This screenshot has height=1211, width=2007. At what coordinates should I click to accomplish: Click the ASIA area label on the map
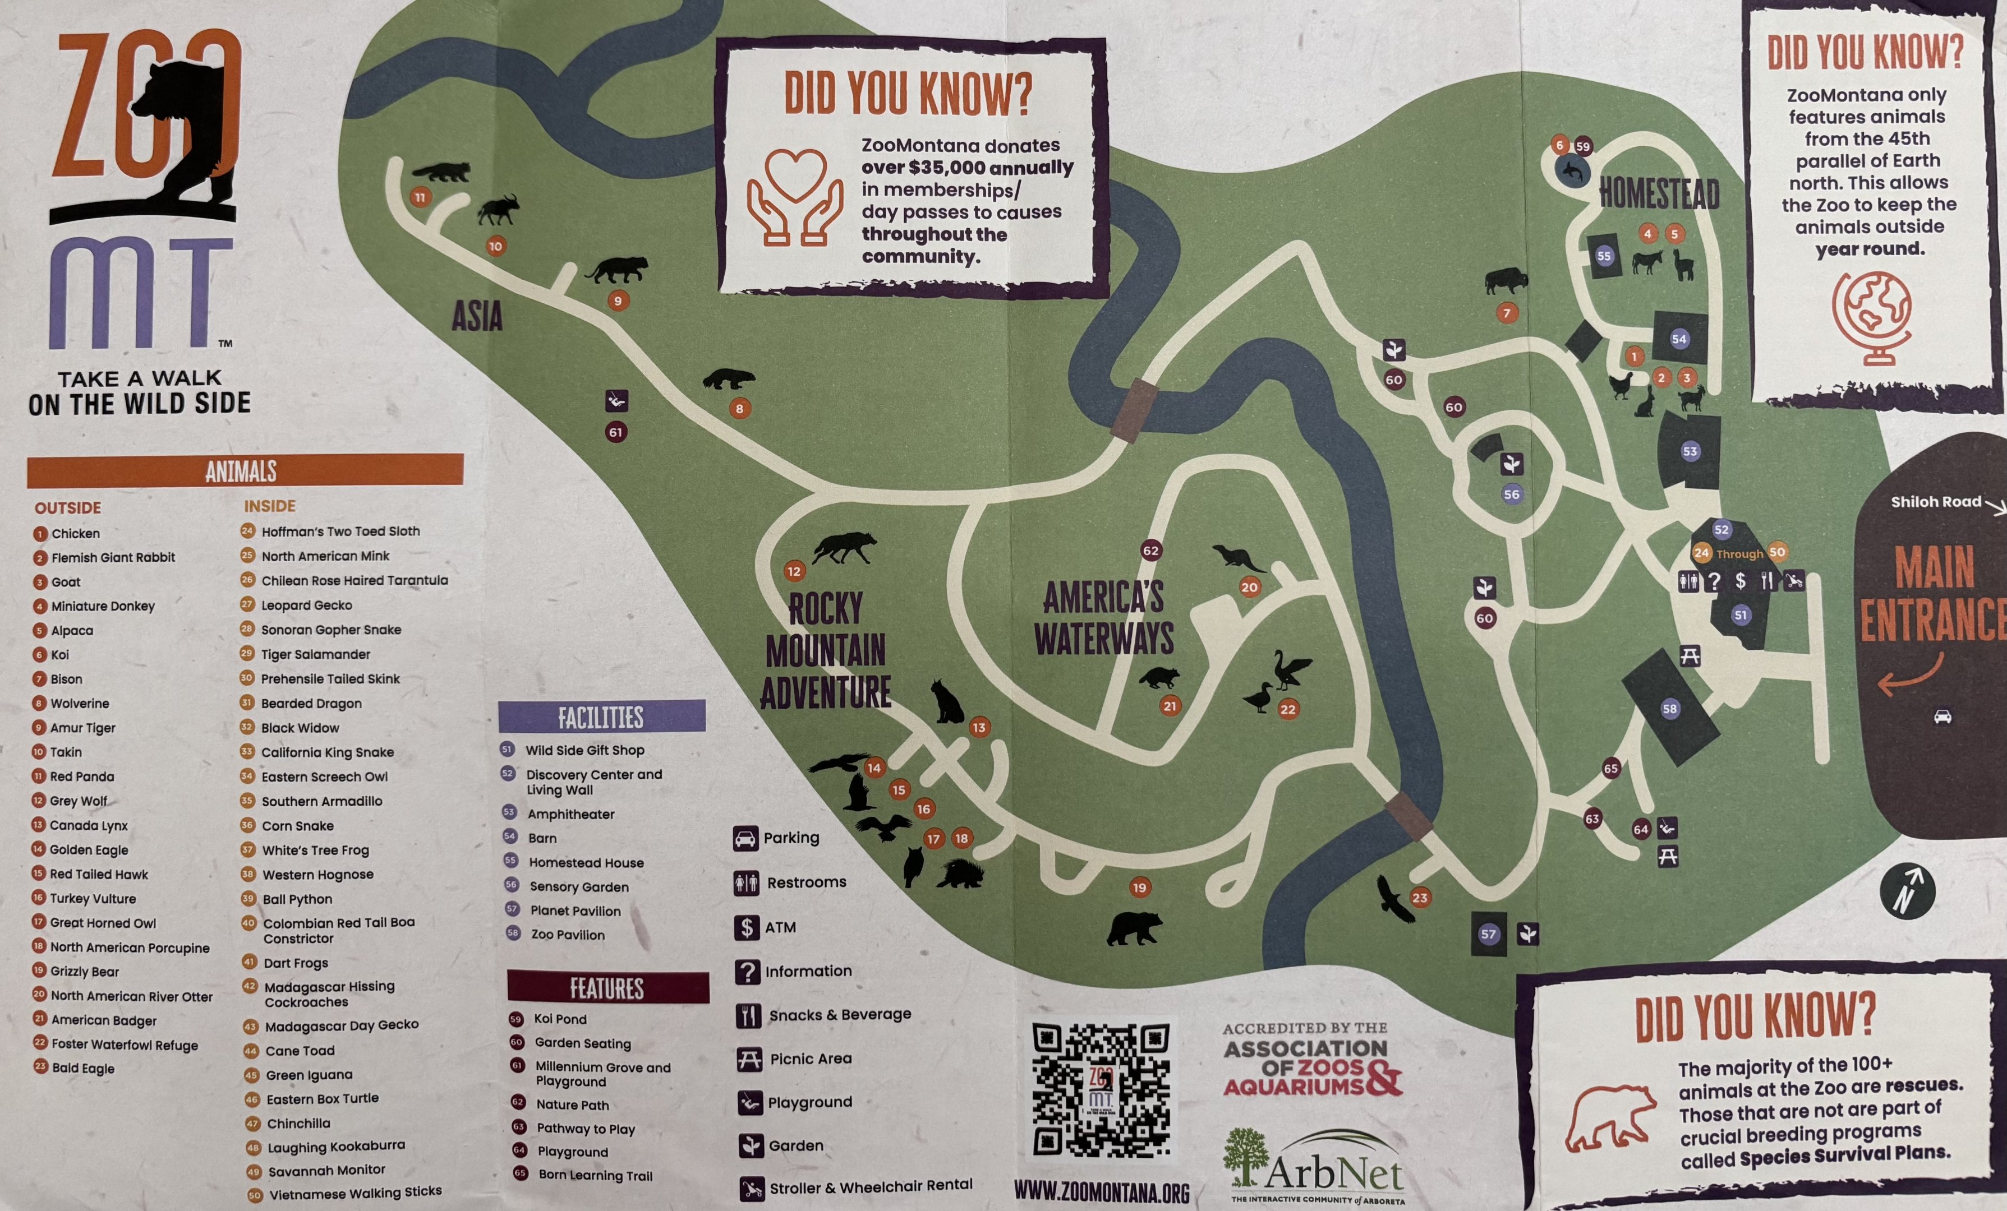[x=477, y=317]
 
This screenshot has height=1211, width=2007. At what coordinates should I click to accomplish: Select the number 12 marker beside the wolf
[x=793, y=571]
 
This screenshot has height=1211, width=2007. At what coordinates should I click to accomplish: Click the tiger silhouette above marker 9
[x=618, y=270]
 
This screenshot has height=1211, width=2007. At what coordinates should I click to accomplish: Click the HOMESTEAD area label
[x=1659, y=195]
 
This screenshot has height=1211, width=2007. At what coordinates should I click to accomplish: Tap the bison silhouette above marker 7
[x=1506, y=282]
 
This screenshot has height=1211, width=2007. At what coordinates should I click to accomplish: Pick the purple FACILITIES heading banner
[x=601, y=717]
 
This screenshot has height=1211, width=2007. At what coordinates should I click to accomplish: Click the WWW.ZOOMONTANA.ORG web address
[x=1101, y=1193]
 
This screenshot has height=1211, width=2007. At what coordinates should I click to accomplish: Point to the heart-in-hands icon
[x=794, y=197]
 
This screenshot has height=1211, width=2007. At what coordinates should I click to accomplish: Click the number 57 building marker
[x=1488, y=933]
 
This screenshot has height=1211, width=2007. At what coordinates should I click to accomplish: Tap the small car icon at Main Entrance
[x=1942, y=717]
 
